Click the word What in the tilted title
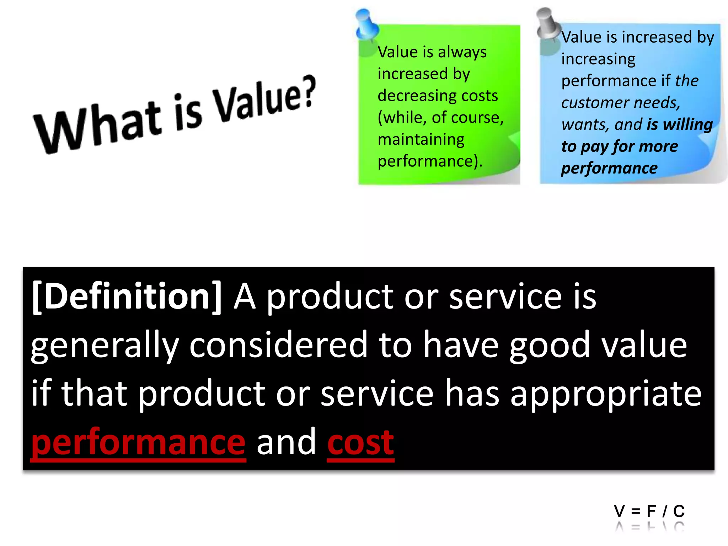pos(98,128)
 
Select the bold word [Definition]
pos(127,297)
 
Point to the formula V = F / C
pos(649,511)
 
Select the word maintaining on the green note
pos(421,140)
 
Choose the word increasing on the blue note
pos(598,59)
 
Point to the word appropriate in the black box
pos(606,394)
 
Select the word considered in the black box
pos(278,345)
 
